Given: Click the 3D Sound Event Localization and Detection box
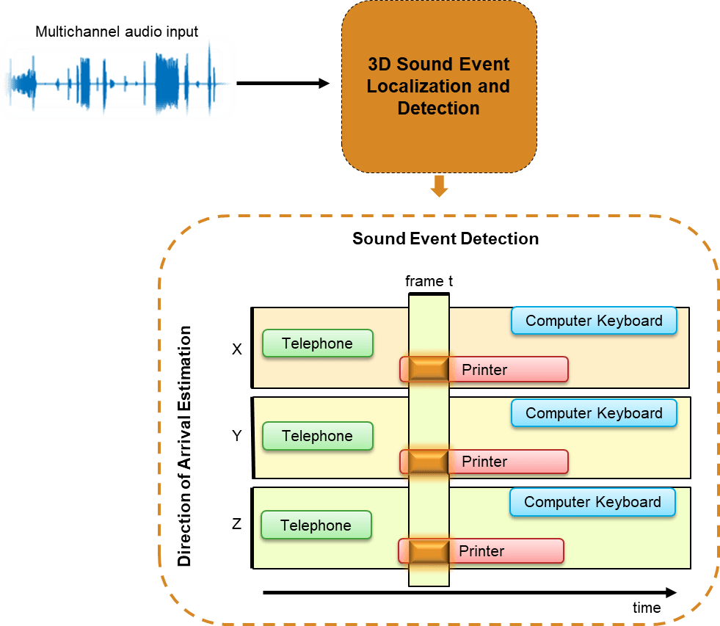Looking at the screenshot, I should click(439, 86).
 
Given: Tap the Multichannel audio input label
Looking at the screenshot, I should click(117, 32).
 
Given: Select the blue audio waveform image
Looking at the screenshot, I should click(117, 79).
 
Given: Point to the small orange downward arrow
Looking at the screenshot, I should click(439, 187).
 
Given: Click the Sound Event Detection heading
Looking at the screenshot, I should click(446, 239).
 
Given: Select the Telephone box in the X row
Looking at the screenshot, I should click(317, 343).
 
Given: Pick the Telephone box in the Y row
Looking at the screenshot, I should click(317, 436).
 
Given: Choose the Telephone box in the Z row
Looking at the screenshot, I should click(316, 525).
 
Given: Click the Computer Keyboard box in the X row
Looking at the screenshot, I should click(594, 321).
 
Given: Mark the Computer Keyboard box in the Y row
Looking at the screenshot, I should click(594, 413).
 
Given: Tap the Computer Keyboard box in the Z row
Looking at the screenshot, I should click(592, 502).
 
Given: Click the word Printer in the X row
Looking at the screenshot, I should click(484, 370).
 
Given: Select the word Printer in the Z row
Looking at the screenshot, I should click(481, 550).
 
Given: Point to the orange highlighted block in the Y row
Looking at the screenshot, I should click(429, 462).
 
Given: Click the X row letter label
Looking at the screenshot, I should click(236, 349).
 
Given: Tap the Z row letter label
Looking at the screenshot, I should click(236, 524).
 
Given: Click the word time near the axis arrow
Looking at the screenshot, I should click(647, 608).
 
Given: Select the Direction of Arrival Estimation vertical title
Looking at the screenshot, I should click(185, 446).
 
